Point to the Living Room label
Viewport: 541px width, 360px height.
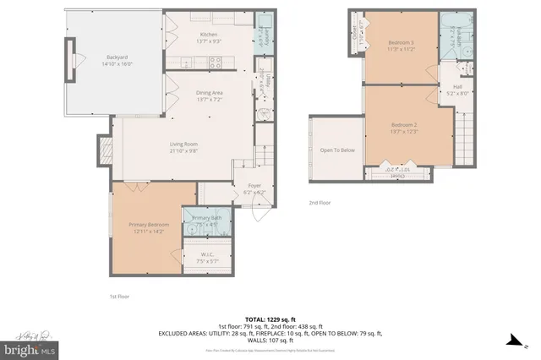183,145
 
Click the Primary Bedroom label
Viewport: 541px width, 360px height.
149,224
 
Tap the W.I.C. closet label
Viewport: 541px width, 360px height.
207,254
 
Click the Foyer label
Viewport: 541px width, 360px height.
254,185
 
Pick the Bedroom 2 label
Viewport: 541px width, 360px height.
405,125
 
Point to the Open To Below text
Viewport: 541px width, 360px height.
336,150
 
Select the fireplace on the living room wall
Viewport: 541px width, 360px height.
105,152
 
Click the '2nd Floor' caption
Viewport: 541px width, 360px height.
320,203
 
